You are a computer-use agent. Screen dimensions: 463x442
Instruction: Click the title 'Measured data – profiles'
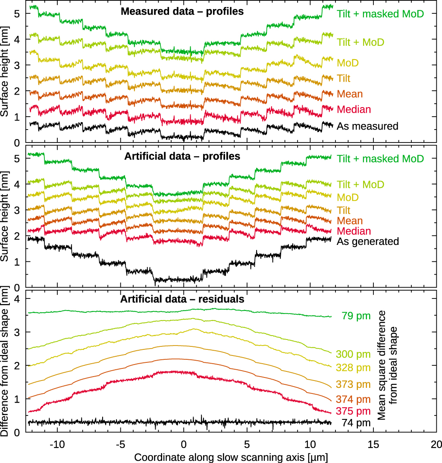click(182, 12)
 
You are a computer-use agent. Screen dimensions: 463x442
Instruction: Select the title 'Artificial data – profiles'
click(182, 156)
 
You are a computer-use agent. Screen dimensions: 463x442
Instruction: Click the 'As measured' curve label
click(367, 126)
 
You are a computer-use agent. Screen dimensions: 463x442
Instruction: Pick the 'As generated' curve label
click(368, 241)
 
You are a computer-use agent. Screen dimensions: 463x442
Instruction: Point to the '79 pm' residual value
click(356, 316)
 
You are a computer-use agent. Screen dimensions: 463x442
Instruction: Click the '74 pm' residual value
click(356, 423)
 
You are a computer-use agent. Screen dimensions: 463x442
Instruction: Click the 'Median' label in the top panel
click(354, 109)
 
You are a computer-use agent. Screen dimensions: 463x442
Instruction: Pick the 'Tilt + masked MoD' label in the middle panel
click(380, 159)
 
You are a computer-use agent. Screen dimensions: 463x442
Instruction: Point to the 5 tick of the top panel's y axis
click(17, 13)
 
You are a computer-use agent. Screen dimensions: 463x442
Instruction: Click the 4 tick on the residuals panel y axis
click(17, 298)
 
